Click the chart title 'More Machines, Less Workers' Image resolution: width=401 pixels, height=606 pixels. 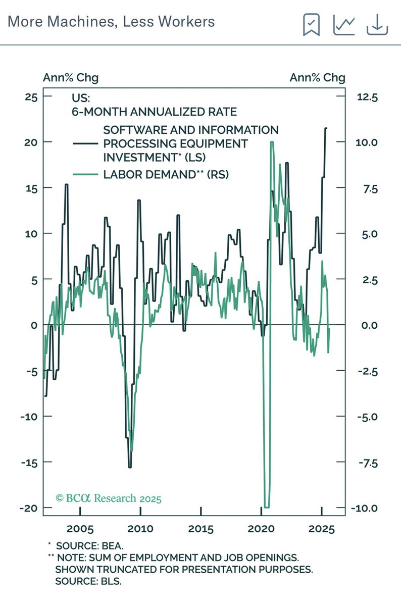(112, 22)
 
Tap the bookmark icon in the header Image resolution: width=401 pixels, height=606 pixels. (311, 24)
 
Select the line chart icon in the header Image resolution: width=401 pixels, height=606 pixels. (344, 24)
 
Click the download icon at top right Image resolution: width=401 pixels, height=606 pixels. (377, 24)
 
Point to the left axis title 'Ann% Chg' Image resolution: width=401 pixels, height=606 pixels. (70, 77)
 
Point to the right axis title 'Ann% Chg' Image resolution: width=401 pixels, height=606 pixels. (317, 77)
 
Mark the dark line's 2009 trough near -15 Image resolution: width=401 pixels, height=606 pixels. (130, 467)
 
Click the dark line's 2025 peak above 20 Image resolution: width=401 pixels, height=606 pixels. (326, 128)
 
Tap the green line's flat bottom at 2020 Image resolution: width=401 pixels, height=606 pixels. (266, 507)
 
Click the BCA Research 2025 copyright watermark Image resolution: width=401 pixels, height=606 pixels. (109, 498)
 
